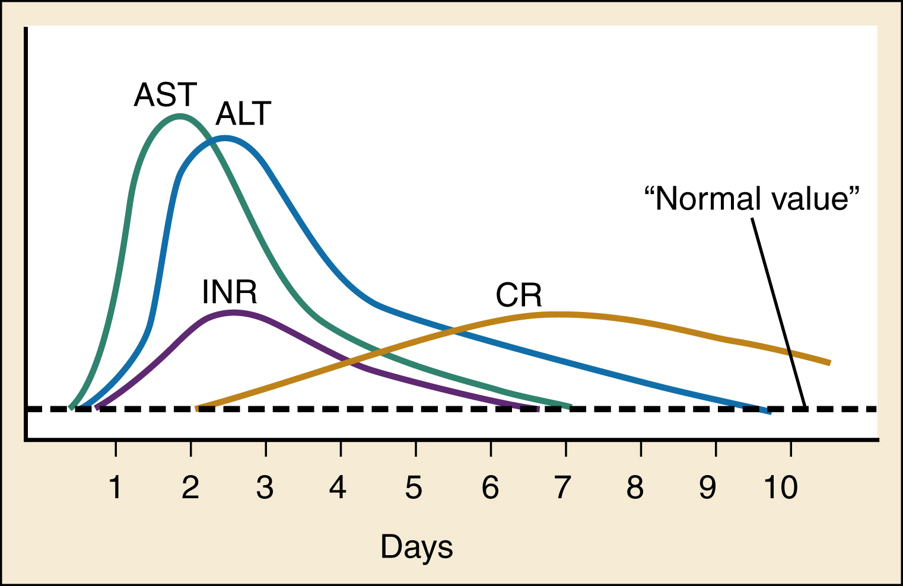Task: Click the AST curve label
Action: point(165,95)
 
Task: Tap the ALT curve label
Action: point(243,114)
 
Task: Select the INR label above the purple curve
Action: point(230,292)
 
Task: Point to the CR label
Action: point(519,295)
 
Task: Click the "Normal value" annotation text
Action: point(752,199)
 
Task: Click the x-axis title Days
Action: point(416,547)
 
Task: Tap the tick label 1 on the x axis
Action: point(116,488)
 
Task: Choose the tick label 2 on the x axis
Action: point(190,488)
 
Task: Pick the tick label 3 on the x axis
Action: point(265,488)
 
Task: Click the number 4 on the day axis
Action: point(338,488)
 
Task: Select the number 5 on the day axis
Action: point(414,488)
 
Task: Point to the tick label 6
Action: point(490,488)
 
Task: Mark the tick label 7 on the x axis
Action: point(562,488)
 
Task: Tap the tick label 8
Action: point(635,488)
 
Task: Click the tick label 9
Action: point(708,488)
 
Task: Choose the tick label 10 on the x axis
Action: point(780,488)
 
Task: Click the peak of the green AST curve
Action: point(180,116)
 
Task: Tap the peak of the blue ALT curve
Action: point(224,139)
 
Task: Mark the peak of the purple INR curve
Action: point(233,312)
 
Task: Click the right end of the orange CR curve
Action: point(828,362)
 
